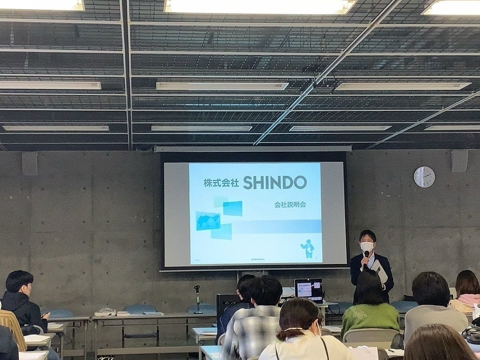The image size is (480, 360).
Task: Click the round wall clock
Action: click(424, 177)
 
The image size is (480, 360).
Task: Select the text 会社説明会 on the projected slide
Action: click(290, 204)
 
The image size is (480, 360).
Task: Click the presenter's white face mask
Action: click(367, 247)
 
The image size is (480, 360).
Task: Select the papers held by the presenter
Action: click(380, 272)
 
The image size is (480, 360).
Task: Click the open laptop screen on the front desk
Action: click(308, 288)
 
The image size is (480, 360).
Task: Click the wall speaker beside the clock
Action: click(459, 161)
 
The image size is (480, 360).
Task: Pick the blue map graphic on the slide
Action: click(208, 221)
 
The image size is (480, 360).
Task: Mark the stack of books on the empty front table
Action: click(106, 312)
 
